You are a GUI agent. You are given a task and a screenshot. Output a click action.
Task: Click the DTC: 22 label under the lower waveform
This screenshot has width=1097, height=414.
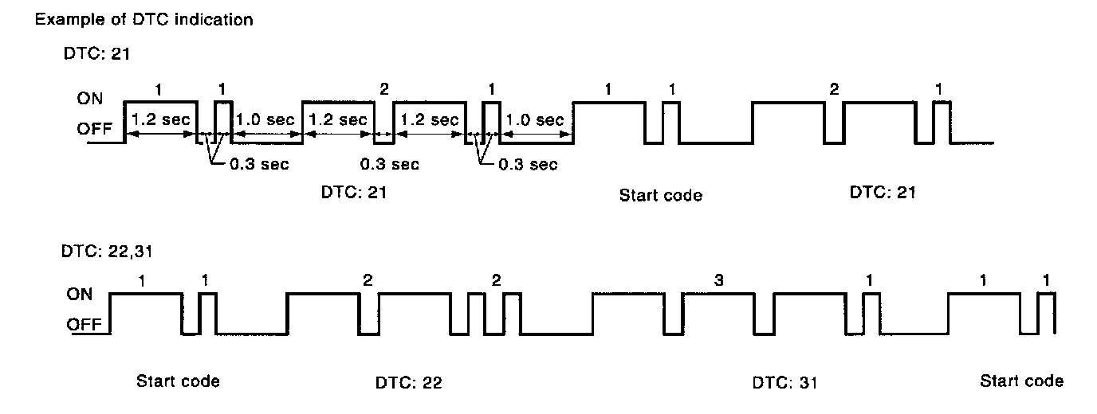tap(408, 383)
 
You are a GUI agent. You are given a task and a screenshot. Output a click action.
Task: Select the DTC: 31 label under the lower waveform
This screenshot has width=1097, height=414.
tap(784, 383)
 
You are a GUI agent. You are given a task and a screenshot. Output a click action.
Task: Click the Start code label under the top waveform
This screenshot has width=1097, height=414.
tap(660, 195)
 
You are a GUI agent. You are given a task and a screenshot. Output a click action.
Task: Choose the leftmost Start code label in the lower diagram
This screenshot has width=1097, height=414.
tap(178, 381)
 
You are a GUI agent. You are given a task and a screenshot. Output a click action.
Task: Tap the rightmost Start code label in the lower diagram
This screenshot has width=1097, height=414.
tap(1021, 381)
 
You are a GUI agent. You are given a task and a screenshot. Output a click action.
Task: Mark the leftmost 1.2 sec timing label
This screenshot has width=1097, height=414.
tap(161, 120)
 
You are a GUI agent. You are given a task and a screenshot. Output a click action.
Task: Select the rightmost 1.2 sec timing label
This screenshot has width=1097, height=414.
tap(429, 120)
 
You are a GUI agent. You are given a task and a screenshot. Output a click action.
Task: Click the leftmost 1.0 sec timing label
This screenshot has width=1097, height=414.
tap(265, 120)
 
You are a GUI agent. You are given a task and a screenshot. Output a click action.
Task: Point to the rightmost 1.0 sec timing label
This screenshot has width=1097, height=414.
tap(536, 120)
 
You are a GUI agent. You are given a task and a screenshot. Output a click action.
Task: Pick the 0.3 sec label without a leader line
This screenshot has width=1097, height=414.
tap(388, 165)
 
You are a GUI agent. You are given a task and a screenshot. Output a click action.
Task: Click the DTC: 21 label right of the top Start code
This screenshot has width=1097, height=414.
tap(883, 193)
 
